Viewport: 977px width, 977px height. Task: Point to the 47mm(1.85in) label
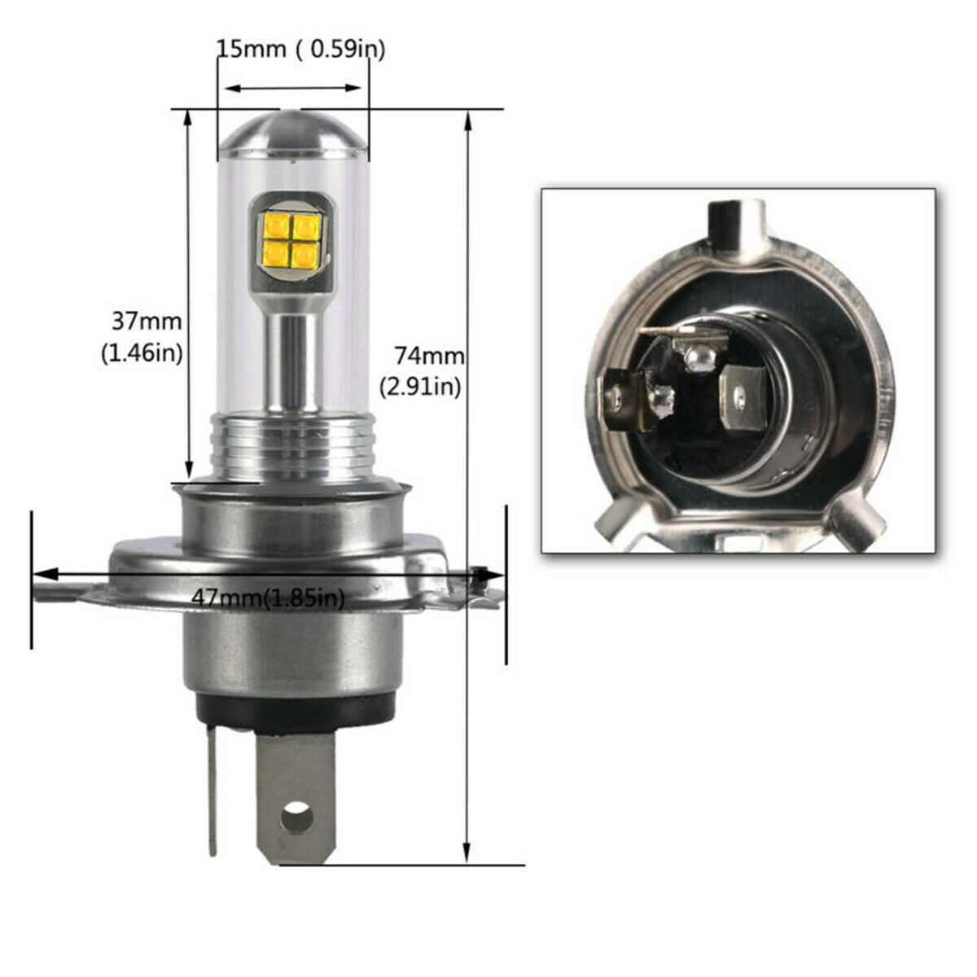pos(269,598)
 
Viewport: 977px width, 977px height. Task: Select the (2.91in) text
pos(421,387)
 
